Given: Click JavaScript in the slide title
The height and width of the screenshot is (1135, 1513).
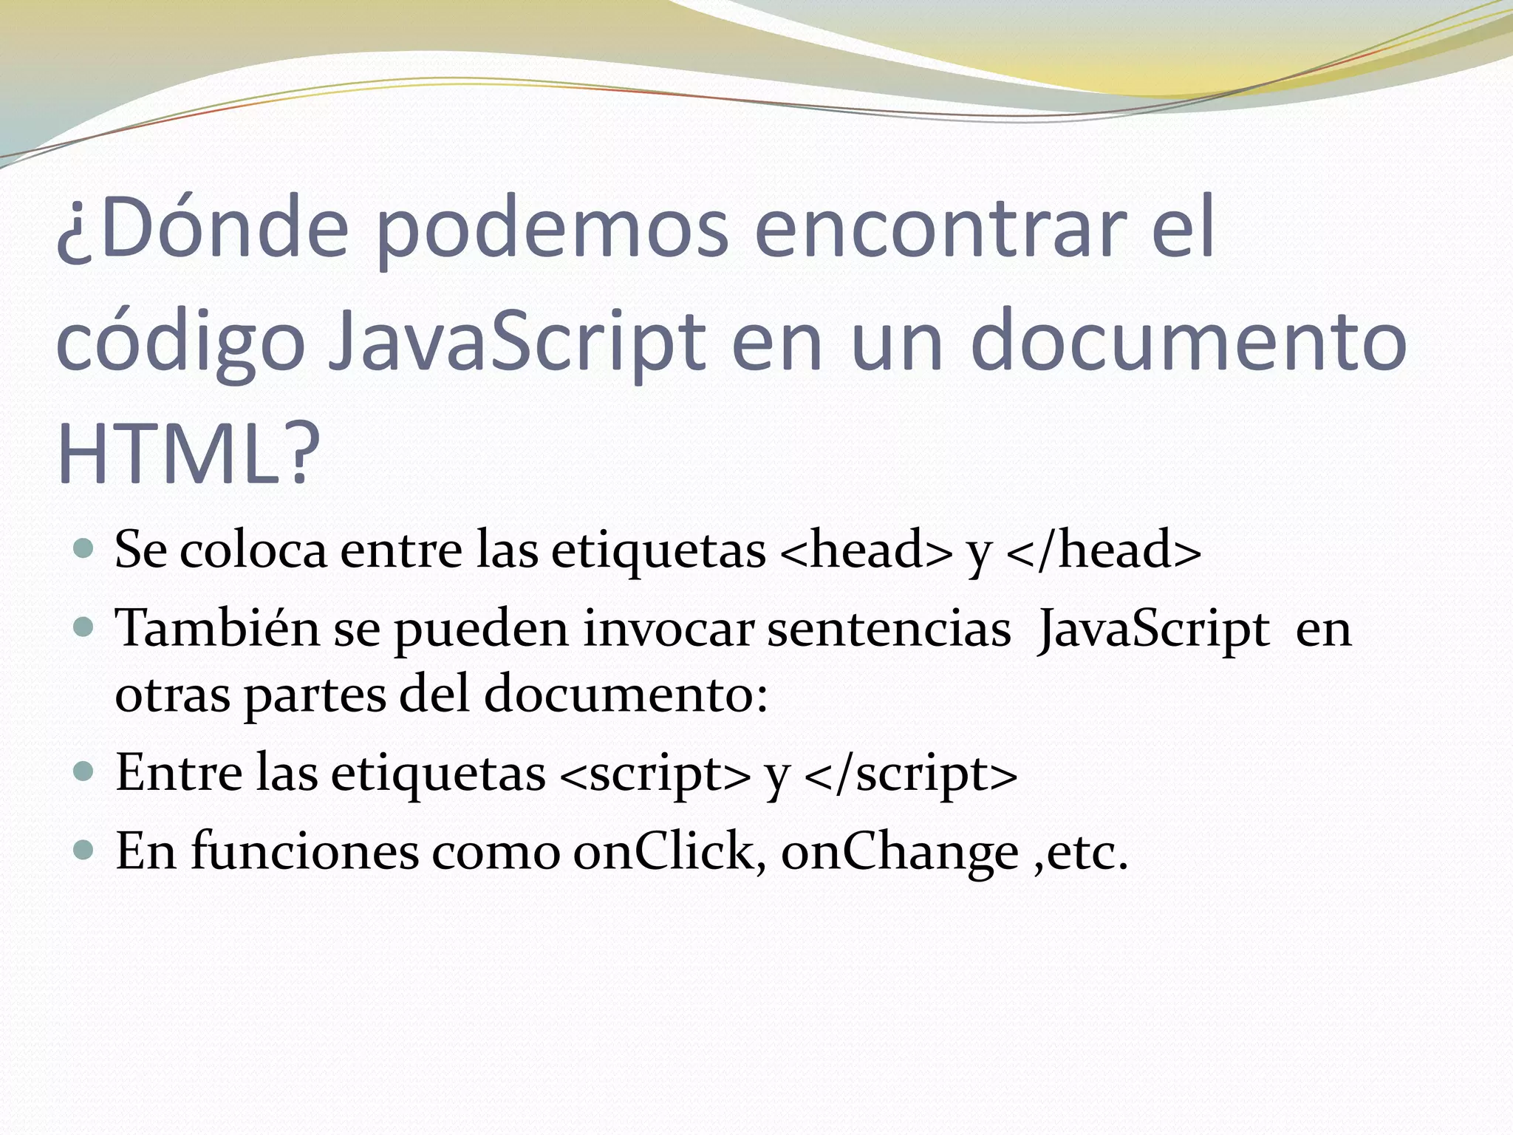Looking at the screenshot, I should tap(517, 344).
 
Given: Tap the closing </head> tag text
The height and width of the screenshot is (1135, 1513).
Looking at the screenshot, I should tap(1104, 550).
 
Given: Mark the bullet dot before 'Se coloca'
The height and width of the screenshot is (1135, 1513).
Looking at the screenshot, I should tap(84, 548).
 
